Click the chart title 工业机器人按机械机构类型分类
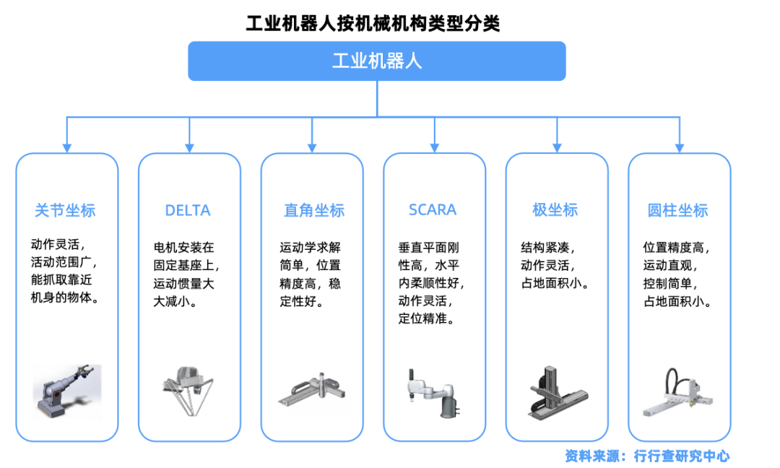[373, 24]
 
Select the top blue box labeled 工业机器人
[376, 61]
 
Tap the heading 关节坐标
[65, 210]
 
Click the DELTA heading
[188, 210]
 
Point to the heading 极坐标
[555, 210]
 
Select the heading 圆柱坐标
[678, 210]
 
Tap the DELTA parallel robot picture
[189, 390]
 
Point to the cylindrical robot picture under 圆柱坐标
[679, 394]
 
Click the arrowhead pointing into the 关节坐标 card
[67, 147]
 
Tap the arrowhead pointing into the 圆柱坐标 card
[680, 147]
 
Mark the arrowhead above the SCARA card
[435, 147]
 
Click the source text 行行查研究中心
[682, 456]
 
